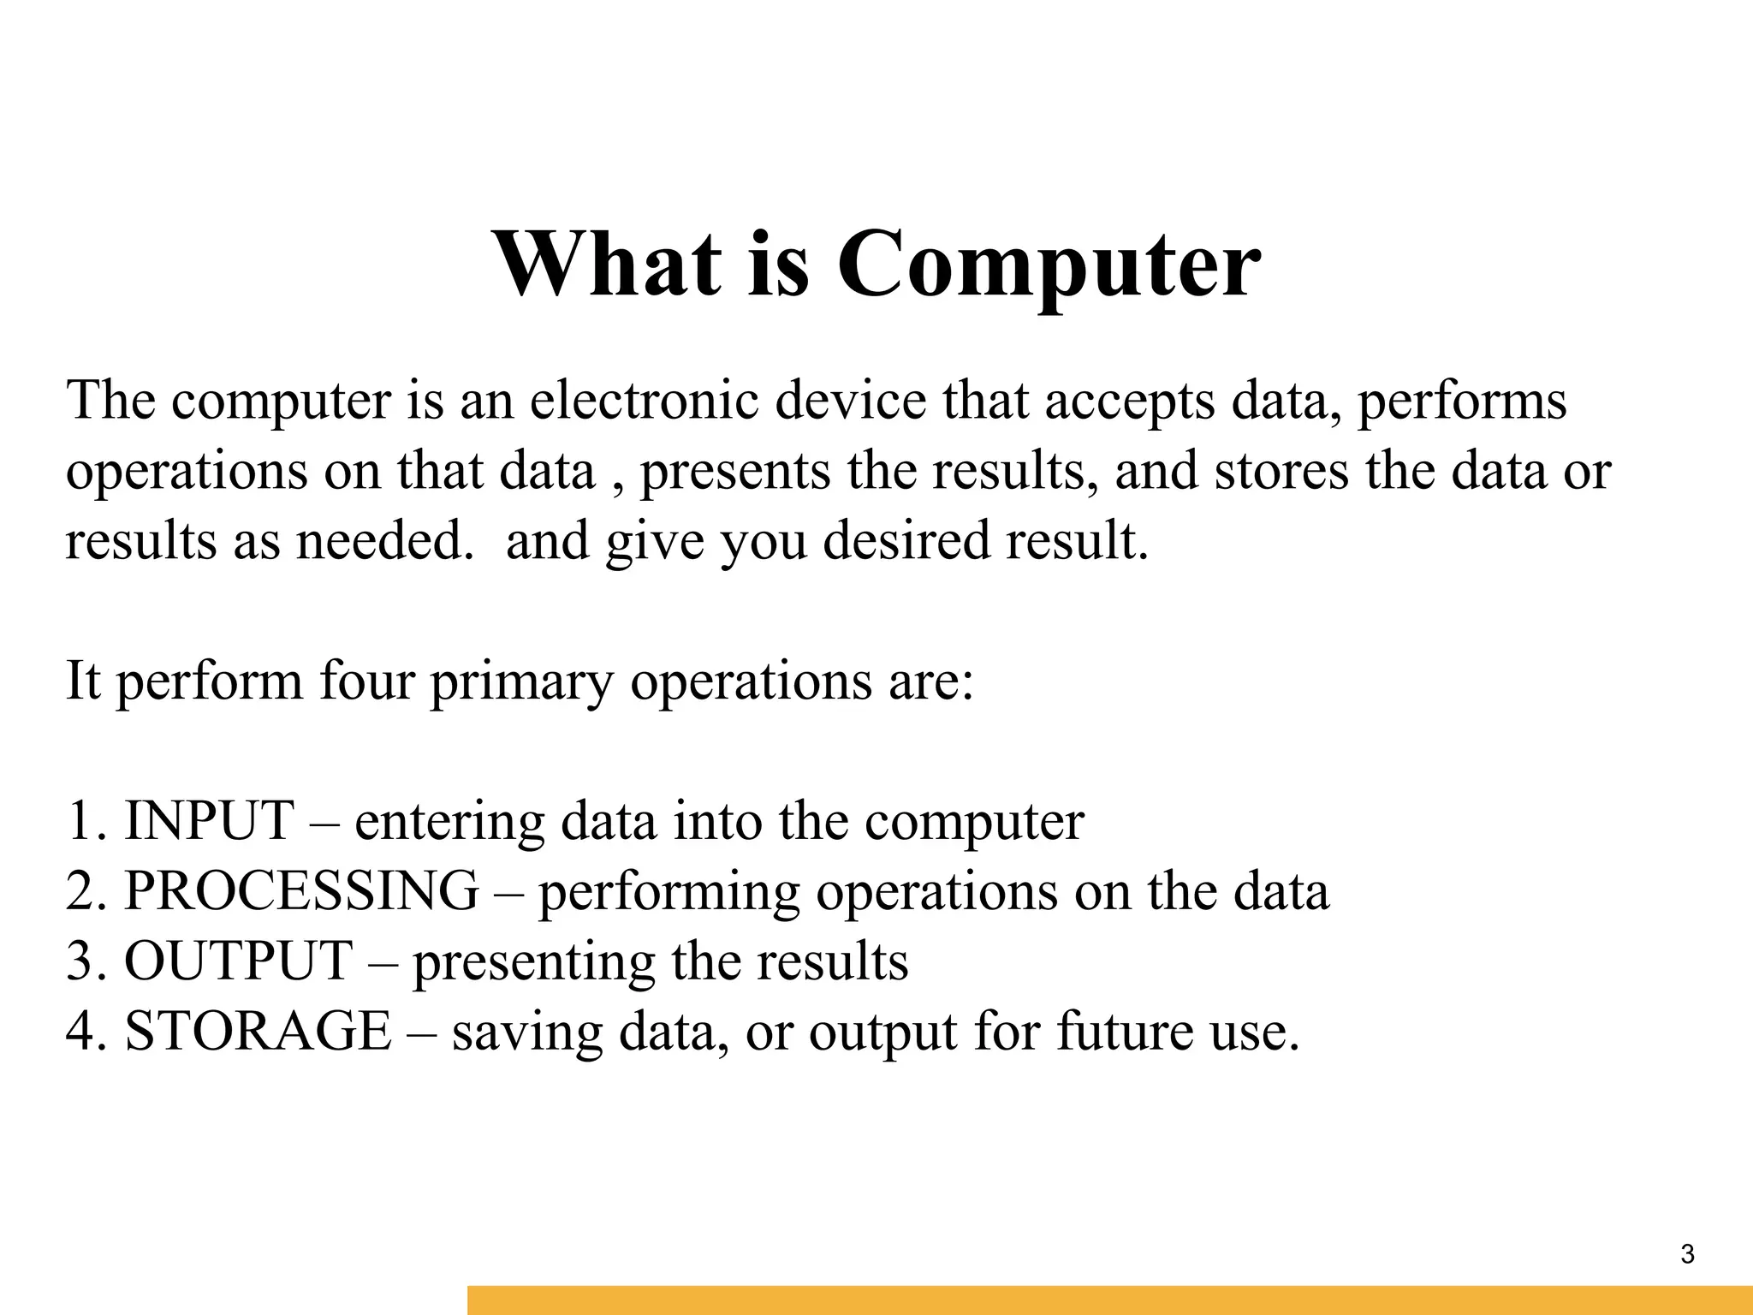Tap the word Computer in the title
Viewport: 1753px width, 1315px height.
[1048, 265]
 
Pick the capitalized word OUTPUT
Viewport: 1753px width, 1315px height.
[239, 960]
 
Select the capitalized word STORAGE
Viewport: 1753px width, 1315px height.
[258, 1030]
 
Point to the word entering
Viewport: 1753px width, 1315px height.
[449, 822]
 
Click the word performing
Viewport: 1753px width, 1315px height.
[669, 892]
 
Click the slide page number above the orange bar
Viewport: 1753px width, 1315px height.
[1687, 1254]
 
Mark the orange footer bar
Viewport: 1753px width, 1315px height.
[1109, 1300]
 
